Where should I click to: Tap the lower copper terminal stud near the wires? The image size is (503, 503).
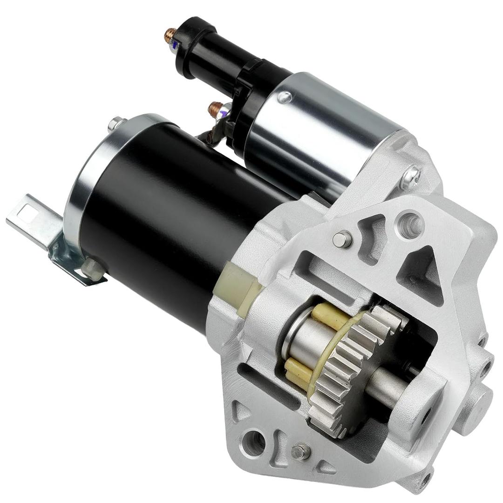click(216, 109)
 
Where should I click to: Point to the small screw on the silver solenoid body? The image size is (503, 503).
click(284, 97)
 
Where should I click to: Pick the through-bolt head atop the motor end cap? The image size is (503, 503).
click(116, 123)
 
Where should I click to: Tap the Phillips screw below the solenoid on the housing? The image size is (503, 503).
click(411, 177)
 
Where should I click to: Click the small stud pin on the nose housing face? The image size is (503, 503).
click(342, 239)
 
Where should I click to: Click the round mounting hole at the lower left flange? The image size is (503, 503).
click(254, 442)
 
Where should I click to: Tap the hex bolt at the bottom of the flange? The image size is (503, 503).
click(300, 451)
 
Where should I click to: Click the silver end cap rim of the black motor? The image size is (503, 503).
click(82, 186)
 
